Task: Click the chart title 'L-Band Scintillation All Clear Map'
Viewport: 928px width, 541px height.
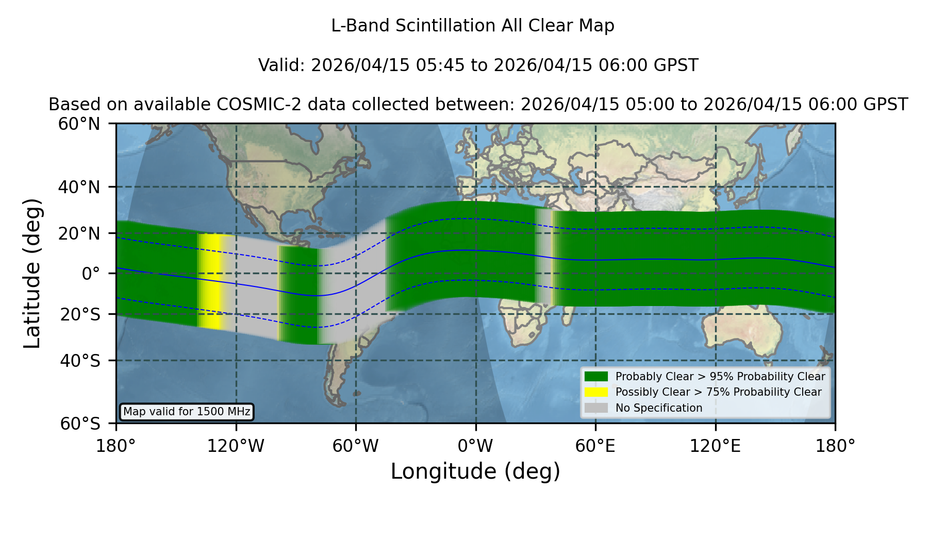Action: [473, 26]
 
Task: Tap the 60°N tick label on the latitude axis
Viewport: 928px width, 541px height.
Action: [79, 124]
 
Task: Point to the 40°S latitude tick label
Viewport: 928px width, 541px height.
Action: [80, 361]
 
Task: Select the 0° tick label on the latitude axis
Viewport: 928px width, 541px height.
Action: [91, 274]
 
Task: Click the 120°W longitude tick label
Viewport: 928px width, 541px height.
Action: [236, 446]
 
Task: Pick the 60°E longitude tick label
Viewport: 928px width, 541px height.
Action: [595, 446]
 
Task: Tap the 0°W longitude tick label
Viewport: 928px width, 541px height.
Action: [475, 446]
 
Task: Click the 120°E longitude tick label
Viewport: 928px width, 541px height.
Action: [715, 446]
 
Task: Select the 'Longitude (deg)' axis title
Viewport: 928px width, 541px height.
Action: [475, 471]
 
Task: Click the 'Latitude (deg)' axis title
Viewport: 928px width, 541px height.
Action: [32, 273]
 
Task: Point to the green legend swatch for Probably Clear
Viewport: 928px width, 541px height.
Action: [596, 376]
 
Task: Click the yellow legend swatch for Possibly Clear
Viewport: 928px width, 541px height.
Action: [596, 392]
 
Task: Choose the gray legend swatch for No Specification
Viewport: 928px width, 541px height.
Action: [596, 408]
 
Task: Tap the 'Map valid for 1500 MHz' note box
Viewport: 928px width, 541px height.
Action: [187, 412]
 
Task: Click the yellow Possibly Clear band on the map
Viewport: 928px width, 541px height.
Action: [210, 281]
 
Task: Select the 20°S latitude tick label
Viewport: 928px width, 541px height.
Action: [80, 314]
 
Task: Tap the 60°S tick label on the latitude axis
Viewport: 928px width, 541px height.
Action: [80, 424]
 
